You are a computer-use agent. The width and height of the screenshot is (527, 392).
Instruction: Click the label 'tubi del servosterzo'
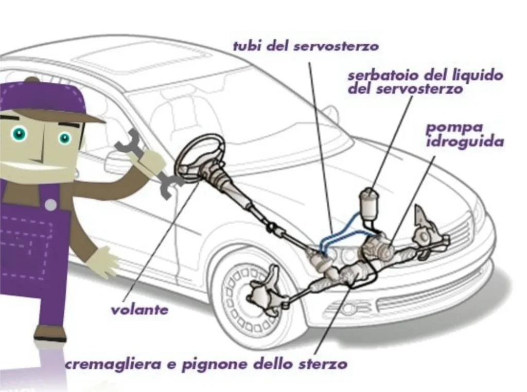pyautogui.click(x=306, y=46)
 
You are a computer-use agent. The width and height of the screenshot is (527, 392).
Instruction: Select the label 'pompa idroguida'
pyautogui.click(x=464, y=134)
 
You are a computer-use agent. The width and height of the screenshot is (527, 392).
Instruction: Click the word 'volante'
pyautogui.click(x=139, y=310)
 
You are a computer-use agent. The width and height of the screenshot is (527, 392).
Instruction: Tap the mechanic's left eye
pyautogui.click(x=20, y=134)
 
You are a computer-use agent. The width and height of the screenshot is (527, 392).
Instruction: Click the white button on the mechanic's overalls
pyautogui.click(x=50, y=205)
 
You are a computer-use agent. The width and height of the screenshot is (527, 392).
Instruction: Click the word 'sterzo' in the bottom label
pyautogui.click(x=322, y=365)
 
